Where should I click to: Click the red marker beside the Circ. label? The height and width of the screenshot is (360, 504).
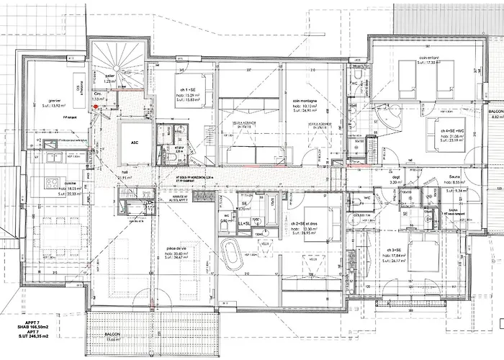(94, 106)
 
